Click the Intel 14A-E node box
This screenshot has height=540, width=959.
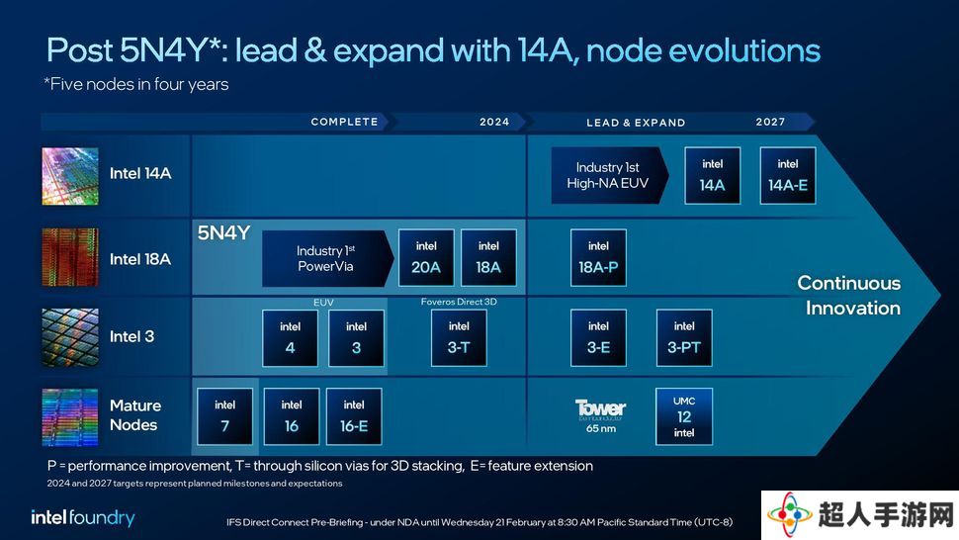[788, 175]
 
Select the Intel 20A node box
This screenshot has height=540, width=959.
[426, 257]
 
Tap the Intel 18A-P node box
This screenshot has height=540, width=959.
[598, 257]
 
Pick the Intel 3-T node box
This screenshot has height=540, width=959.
[459, 337]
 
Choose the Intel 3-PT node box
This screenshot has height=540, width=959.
[684, 337]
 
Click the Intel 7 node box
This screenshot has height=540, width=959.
[225, 416]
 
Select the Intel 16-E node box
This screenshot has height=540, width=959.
[354, 416]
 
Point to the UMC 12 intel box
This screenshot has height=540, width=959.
[684, 416]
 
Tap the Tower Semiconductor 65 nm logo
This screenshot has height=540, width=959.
[600, 415]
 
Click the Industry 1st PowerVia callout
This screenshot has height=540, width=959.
[328, 258]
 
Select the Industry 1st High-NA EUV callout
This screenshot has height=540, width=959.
[610, 175]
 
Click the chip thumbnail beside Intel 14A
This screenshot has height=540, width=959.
[70, 176]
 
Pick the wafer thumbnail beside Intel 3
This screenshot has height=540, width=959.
[70, 337]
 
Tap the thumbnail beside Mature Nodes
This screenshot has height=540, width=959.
[70, 417]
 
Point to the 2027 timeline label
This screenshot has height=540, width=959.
[770, 122]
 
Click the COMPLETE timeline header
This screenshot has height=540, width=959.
[344, 122]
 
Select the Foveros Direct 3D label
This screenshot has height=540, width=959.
[459, 302]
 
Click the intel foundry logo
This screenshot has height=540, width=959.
[83, 518]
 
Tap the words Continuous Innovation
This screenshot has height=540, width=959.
[849, 296]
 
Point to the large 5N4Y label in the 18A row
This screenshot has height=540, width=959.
[223, 233]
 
